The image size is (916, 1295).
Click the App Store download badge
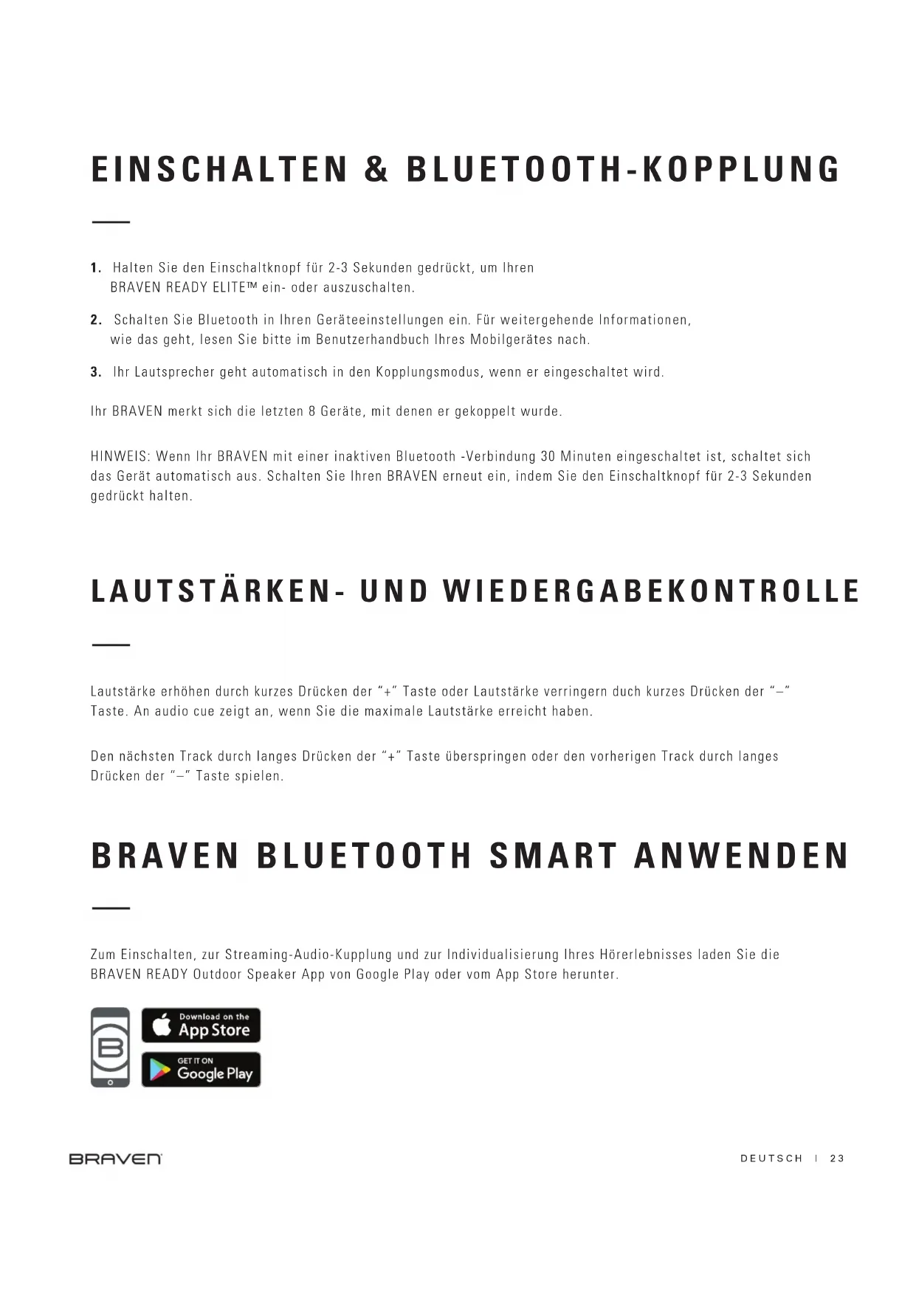pyautogui.click(x=201, y=1025)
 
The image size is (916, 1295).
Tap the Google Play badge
pyautogui.click(x=201, y=1069)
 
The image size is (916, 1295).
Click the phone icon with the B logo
pyautogui.click(x=110, y=1047)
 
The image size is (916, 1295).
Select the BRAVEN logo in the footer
pyautogui.click(x=115, y=1158)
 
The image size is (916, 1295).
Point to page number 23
pyautogui.click(x=837, y=1158)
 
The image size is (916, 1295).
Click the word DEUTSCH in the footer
pyautogui.click(x=771, y=1158)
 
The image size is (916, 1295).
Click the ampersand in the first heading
pyautogui.click(x=376, y=169)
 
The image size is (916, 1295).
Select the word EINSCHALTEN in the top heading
pyautogui.click(x=219, y=169)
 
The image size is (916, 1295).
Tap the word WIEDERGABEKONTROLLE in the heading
pyautogui.click(x=651, y=591)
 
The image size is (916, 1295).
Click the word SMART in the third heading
pyautogui.click(x=553, y=856)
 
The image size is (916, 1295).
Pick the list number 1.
pyautogui.click(x=95, y=267)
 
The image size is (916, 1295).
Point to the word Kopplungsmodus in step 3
pyautogui.click(x=428, y=372)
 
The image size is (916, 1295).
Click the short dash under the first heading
pyautogui.click(x=111, y=221)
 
